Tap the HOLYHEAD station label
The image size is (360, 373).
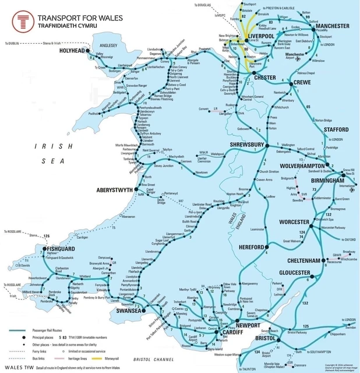72,51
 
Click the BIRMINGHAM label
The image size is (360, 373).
333,180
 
